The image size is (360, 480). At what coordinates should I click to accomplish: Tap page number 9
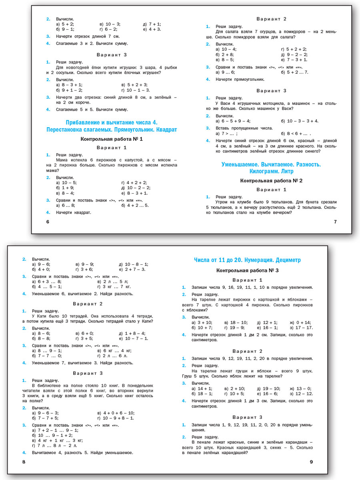(x=312, y=462)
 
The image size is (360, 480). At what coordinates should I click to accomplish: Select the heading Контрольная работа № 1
(x=111, y=139)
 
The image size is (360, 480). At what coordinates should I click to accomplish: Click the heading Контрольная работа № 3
(x=247, y=270)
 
